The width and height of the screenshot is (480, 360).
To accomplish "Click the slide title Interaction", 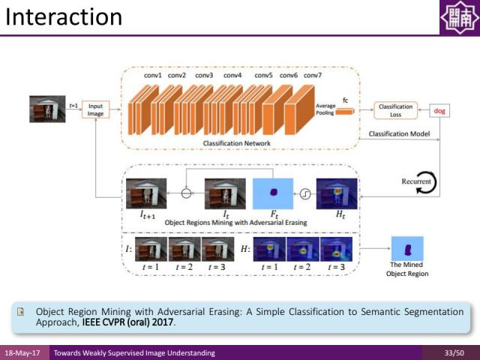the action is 63,16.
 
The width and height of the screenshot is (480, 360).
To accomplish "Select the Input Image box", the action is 95,109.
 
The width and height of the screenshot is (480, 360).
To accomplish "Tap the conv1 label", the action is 152,75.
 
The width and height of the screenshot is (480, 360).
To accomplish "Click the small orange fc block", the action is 344,111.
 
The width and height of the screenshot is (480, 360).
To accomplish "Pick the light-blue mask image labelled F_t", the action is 275,193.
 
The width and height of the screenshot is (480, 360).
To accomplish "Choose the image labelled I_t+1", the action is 145,193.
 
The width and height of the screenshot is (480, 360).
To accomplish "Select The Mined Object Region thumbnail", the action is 407,248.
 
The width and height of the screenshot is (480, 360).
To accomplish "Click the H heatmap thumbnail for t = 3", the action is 335,249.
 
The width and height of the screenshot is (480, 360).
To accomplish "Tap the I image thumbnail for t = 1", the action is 151,249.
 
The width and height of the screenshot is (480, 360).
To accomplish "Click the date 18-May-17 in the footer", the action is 23,352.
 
